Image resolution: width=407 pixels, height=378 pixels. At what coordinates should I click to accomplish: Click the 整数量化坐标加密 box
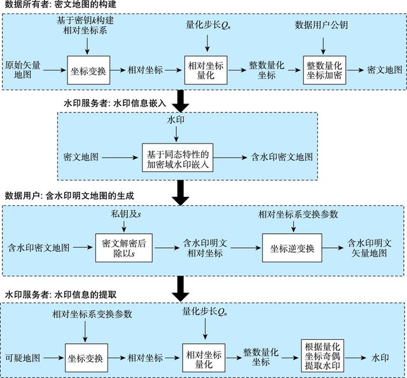point(324,70)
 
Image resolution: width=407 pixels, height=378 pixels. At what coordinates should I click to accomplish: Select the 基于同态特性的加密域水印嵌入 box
point(177,158)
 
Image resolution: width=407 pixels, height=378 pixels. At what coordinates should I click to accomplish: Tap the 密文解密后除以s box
point(124,248)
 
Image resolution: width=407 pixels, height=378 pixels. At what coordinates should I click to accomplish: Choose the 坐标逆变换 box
point(292,248)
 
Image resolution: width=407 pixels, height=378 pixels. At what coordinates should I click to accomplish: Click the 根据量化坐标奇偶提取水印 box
point(322,356)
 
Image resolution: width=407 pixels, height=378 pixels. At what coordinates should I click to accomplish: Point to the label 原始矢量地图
point(23,70)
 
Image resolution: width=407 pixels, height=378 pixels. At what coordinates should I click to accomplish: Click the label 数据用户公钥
point(321,25)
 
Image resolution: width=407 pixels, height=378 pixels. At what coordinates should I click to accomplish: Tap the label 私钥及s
point(126,214)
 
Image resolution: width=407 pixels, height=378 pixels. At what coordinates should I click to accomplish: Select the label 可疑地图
point(23,358)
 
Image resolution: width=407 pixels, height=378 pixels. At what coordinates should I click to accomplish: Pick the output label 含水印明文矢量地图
point(369,248)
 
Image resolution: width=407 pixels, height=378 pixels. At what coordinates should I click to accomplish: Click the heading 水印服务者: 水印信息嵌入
point(114,103)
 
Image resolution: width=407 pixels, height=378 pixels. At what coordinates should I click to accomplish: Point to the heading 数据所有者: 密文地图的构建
point(60,4)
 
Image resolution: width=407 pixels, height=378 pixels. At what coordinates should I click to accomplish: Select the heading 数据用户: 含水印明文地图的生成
point(69,196)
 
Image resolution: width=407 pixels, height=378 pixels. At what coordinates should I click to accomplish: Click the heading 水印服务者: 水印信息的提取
point(60,295)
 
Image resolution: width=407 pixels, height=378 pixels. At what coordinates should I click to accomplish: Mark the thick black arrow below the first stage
point(181,101)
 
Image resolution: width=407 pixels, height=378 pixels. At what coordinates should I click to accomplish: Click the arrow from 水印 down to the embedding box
point(176,134)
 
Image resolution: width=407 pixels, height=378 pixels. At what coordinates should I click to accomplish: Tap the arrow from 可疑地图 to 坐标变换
point(53,358)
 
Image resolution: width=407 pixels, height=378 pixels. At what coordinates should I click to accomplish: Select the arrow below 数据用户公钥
point(323,46)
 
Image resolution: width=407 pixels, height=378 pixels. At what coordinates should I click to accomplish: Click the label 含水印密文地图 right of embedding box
point(282,157)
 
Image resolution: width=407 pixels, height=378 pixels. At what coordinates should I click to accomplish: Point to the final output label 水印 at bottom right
point(380,358)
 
